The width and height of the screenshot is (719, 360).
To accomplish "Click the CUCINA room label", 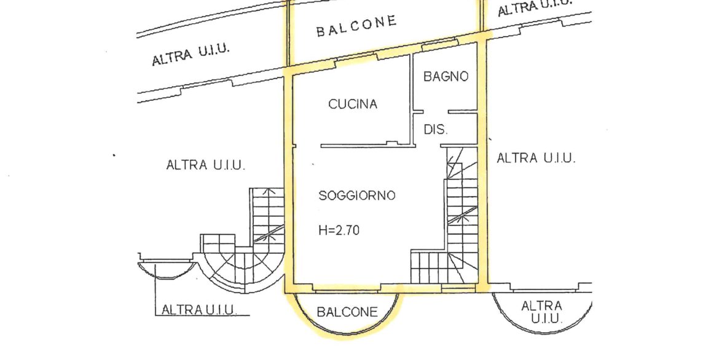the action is [353, 104].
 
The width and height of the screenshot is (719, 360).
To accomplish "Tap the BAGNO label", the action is [446, 76].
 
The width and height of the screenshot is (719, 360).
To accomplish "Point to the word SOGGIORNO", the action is [357, 195].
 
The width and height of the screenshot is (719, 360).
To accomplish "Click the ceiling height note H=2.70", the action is [339, 230].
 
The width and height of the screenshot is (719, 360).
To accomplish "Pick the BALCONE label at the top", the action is [356, 26].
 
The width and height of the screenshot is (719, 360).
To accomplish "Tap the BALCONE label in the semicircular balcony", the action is [347, 312].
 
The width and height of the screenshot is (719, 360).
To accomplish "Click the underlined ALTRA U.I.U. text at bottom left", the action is [199, 310].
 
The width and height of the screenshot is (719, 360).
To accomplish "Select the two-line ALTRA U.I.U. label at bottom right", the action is [541, 312].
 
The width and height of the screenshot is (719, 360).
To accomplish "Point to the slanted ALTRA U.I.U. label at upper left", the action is [191, 55].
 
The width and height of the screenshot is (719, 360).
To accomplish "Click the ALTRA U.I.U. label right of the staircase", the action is [536, 158].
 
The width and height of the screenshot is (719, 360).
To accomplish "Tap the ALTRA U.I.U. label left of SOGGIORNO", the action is [205, 165].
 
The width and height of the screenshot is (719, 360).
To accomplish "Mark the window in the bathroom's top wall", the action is [439, 44].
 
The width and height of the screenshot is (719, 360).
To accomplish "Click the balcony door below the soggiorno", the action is [347, 288].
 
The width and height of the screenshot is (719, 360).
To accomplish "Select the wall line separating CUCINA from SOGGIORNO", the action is [366, 146].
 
